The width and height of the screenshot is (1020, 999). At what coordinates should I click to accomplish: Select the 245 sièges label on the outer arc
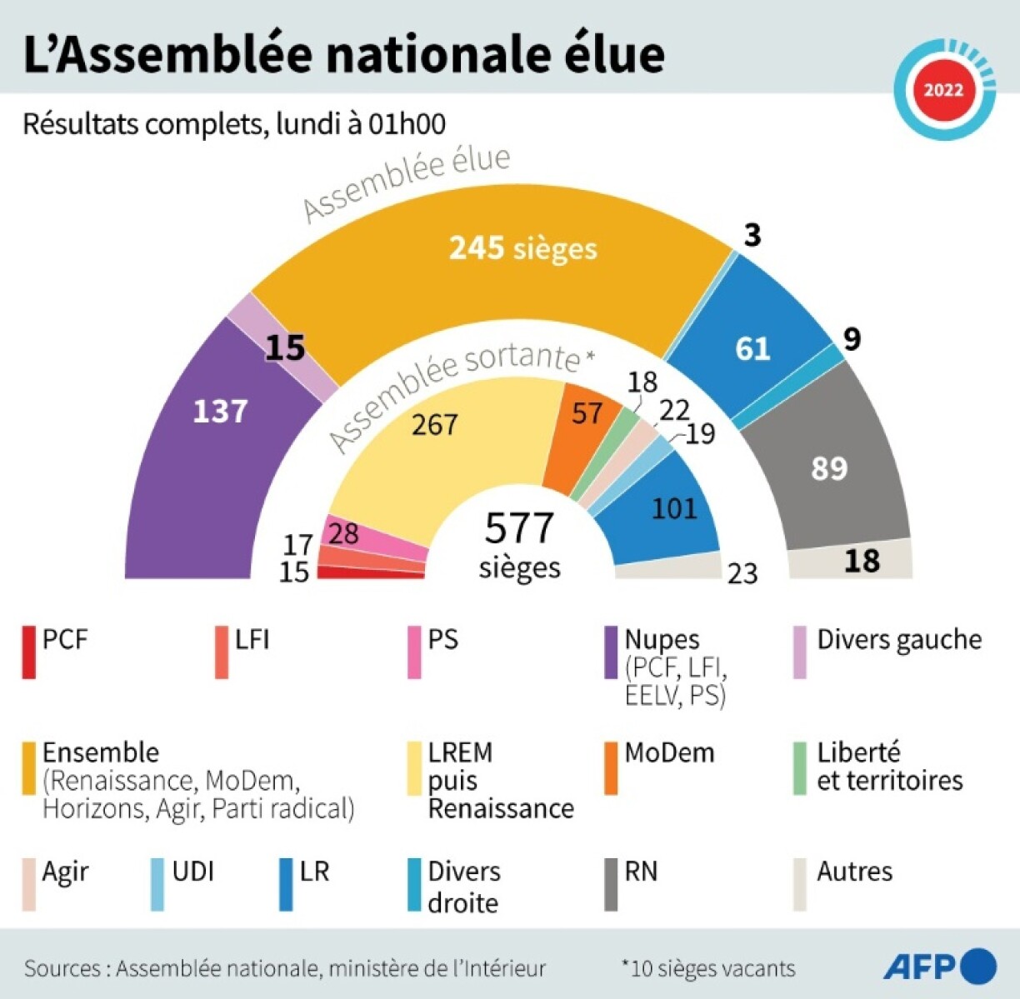point(523,247)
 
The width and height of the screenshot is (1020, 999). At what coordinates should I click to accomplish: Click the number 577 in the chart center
point(519,528)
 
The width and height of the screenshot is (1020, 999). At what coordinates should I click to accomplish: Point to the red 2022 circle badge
point(943,89)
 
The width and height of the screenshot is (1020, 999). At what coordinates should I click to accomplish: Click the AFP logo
point(939,967)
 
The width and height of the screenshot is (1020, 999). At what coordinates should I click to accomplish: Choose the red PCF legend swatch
point(29,652)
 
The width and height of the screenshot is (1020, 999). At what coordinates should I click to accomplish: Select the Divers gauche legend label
point(899,640)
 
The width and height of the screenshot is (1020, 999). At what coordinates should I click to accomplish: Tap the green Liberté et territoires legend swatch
point(800,767)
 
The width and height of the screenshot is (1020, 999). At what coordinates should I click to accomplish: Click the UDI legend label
point(193,872)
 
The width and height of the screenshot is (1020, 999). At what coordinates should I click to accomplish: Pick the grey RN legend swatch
point(611,884)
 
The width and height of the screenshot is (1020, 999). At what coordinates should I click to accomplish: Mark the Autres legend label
point(854,872)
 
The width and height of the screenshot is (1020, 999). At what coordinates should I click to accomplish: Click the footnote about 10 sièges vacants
point(708,968)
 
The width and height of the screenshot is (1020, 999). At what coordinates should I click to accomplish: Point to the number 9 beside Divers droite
point(851,339)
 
